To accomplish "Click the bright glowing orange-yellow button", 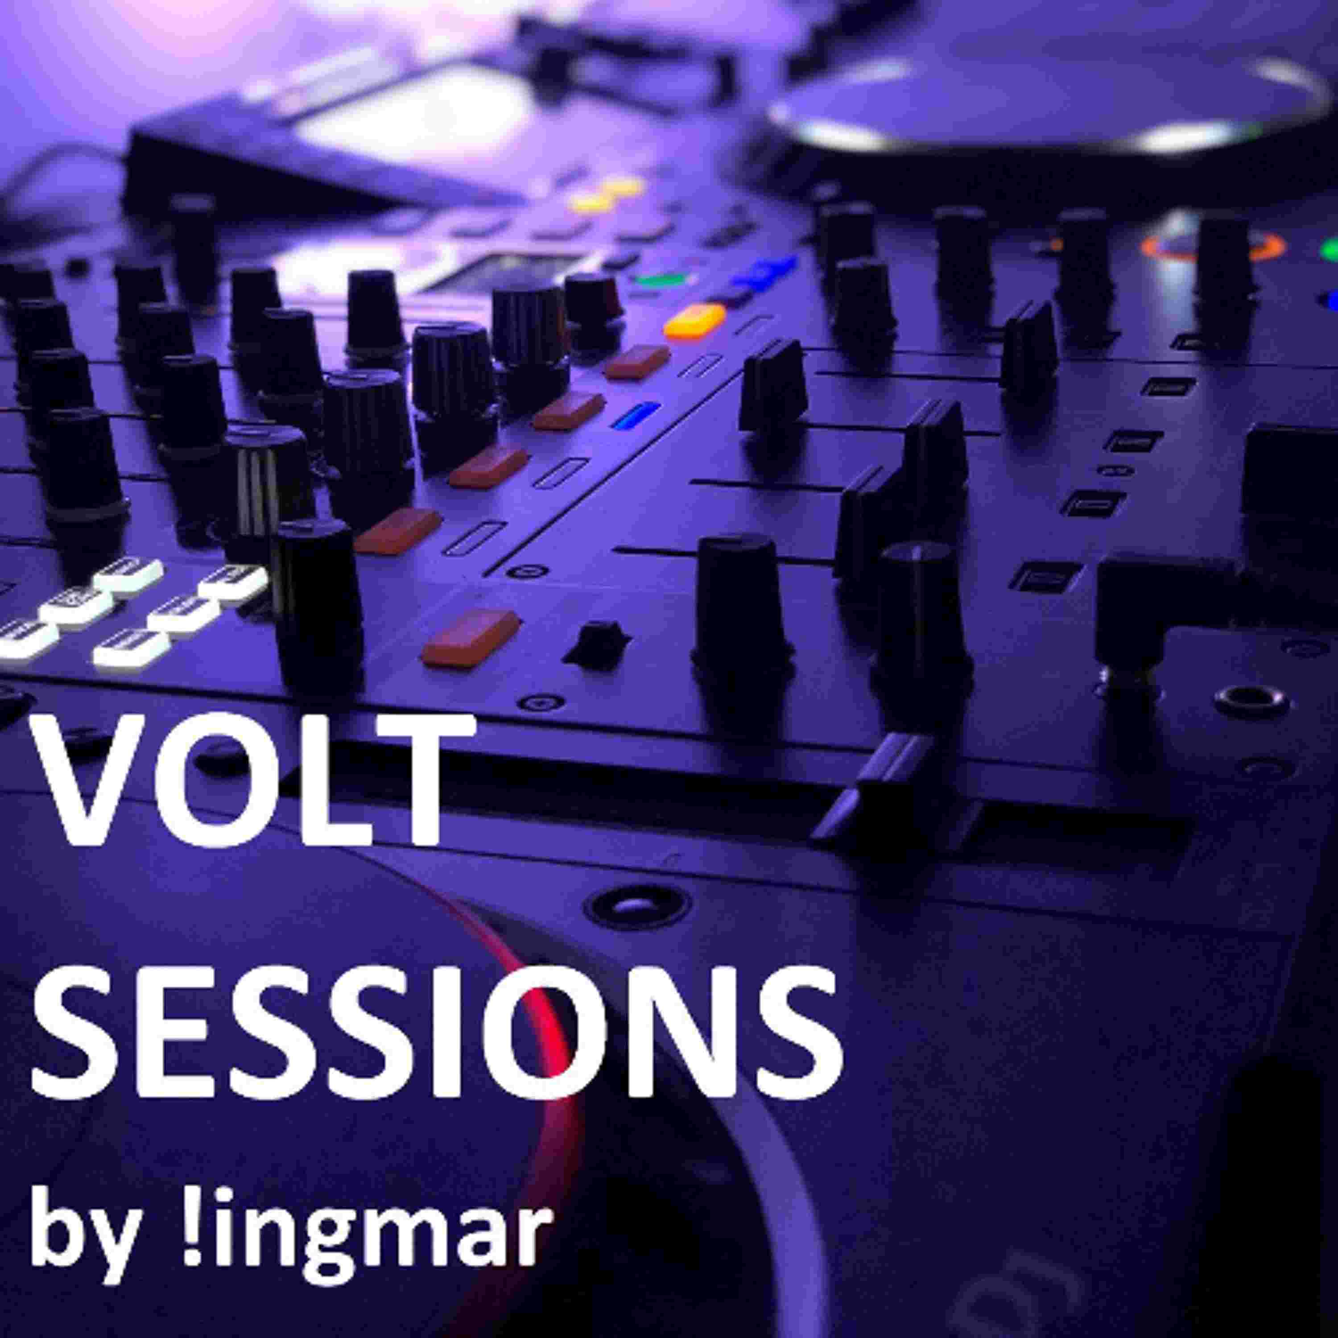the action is (x=694, y=321).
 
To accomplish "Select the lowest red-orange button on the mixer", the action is (x=471, y=637).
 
